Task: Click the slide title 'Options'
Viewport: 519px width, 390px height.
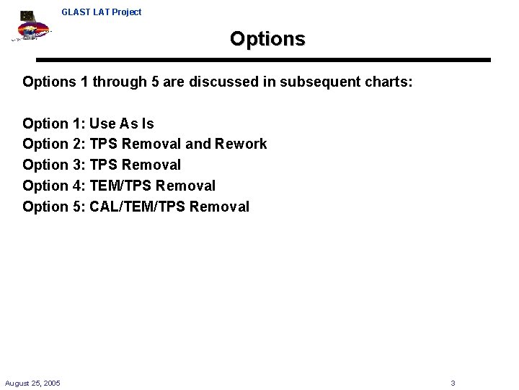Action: coord(267,38)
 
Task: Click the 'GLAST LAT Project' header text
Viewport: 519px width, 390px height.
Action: coord(102,12)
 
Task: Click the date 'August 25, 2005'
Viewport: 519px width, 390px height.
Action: coord(32,383)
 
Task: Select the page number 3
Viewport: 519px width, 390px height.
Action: coord(453,383)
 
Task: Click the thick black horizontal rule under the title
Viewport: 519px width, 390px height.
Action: coord(263,60)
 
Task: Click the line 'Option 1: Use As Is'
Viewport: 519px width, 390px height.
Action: coord(88,123)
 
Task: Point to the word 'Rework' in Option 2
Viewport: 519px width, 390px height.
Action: coord(241,144)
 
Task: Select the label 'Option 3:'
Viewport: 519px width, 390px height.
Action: coord(54,165)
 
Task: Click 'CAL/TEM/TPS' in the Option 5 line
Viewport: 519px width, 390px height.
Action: coord(136,207)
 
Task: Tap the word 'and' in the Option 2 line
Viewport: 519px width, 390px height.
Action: coord(198,144)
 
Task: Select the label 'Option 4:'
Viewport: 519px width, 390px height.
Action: coord(54,186)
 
